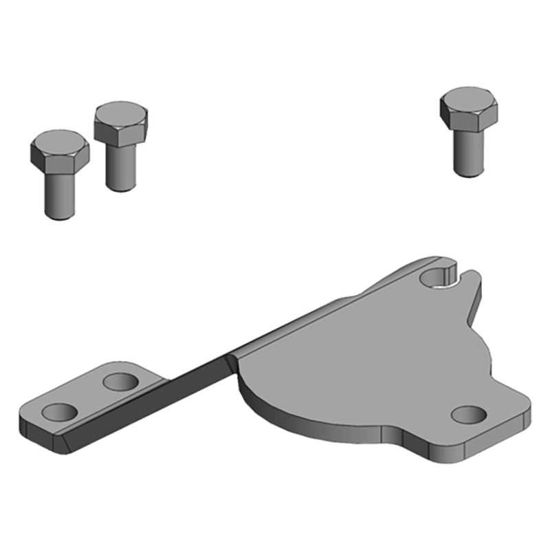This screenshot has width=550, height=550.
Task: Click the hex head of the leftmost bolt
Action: pos(60,153)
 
